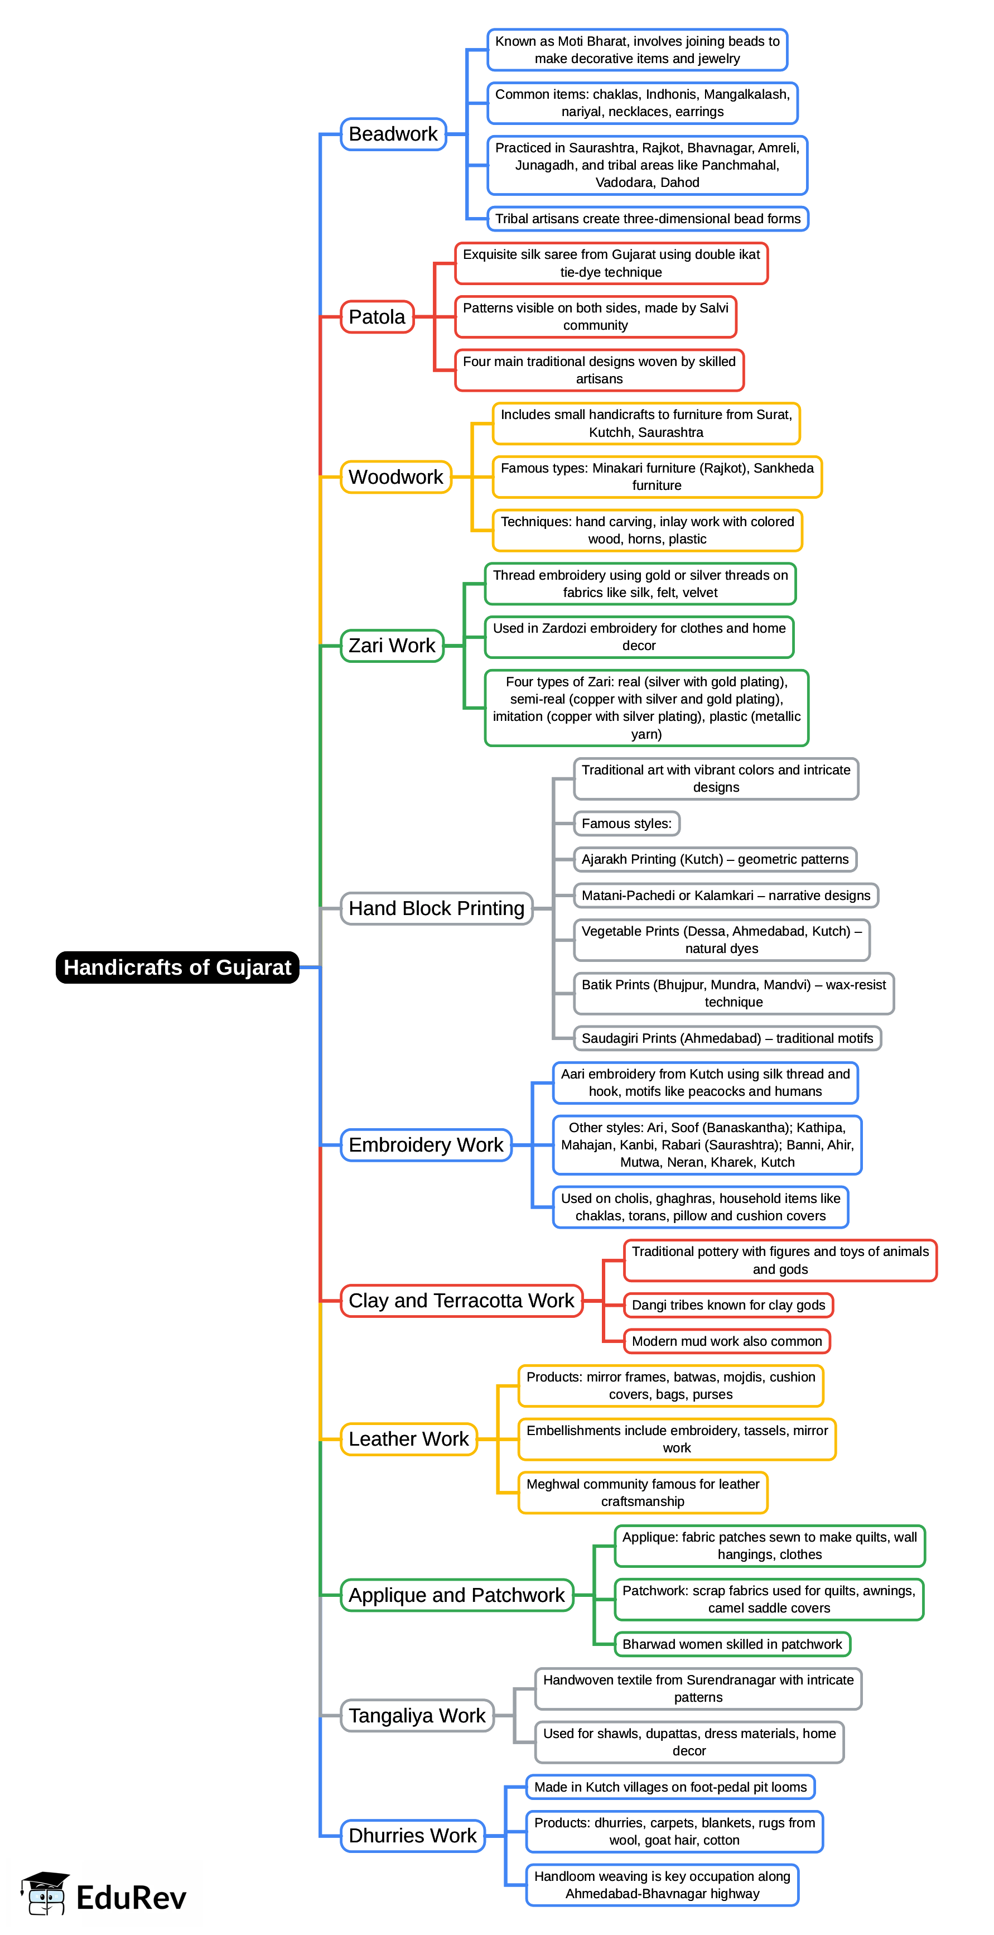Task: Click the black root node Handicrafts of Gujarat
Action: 177,967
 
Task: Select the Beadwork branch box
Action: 393,134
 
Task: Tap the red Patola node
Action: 377,317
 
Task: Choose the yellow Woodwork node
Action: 395,477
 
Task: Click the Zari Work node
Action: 392,645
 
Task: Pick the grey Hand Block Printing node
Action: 436,908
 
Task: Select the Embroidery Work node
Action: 426,1145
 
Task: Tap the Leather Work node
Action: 408,1438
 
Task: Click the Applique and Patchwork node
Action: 456,1595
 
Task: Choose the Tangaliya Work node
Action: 417,1716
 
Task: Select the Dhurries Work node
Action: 412,1835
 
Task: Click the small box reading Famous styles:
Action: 626,824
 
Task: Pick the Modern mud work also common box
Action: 726,1341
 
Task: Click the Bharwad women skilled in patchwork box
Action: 731,1644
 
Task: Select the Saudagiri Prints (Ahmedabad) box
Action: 727,1038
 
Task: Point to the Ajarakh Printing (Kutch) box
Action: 714,859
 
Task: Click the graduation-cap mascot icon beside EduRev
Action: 45,1893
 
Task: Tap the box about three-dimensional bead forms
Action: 647,219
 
